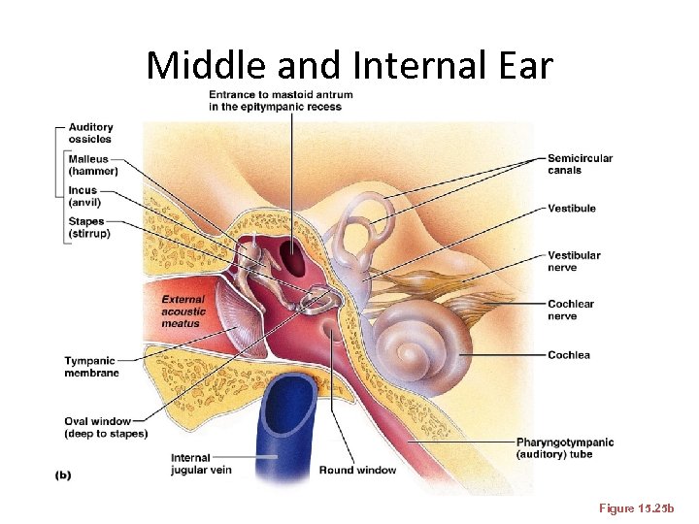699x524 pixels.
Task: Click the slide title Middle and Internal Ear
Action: tap(349, 65)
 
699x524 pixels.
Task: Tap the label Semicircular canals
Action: tap(580, 164)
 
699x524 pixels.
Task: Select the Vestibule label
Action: tap(571, 209)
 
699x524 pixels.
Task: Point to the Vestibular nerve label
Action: tap(574, 261)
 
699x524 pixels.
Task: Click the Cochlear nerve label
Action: tap(571, 310)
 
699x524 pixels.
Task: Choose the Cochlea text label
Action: tap(568, 355)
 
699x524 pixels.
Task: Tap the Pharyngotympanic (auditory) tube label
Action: tap(564, 448)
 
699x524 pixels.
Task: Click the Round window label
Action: tap(357, 471)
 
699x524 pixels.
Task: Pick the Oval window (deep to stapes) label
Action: tap(106, 427)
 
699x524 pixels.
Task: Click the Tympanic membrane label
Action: tap(91, 367)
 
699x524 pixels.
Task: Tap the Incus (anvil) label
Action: tap(84, 196)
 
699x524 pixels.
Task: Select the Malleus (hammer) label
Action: tap(93, 165)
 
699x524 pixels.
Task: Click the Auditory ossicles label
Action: tap(90, 133)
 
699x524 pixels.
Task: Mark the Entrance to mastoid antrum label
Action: tap(281, 100)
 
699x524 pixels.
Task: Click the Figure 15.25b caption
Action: tap(643, 508)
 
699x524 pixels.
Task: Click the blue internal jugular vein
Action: tap(284, 427)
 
